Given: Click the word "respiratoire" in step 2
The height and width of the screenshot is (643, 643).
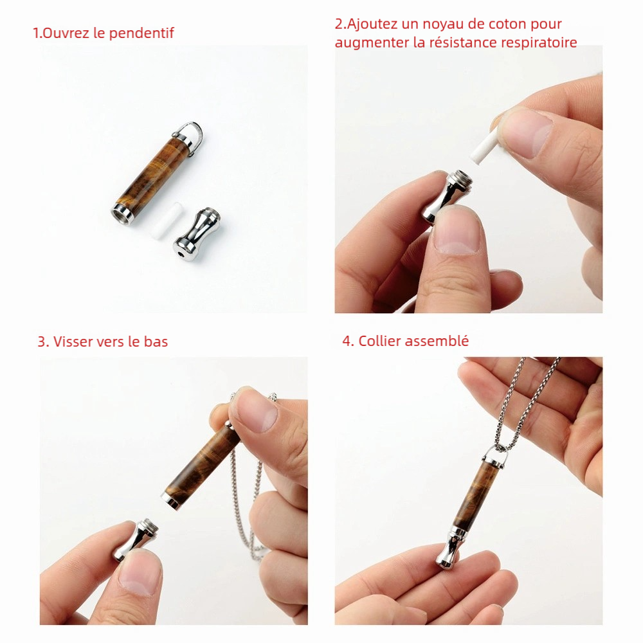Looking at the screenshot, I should [x=539, y=42].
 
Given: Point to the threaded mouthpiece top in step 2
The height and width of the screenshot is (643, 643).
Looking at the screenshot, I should [x=458, y=177].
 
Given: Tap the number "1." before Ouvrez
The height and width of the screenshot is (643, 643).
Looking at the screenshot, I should [x=37, y=33].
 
